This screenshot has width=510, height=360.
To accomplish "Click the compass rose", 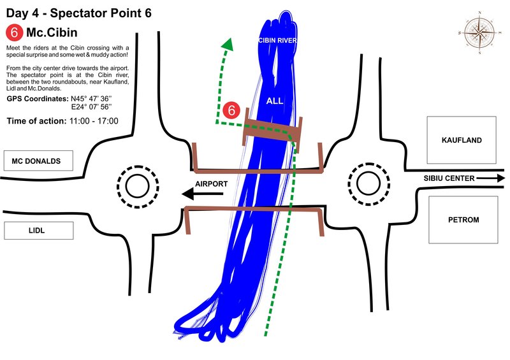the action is coord(480,32).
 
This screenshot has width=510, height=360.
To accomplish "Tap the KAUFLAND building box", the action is coord(462,140).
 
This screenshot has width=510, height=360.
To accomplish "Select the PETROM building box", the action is coord(463,220).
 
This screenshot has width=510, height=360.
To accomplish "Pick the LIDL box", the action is coord(39,231).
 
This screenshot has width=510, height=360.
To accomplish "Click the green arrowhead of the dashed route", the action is coord(228,44).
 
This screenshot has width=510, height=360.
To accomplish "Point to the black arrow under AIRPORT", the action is coord(202,194).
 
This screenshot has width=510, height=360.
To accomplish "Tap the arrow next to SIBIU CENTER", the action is coord(491,178).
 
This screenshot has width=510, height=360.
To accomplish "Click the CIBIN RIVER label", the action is coord(277,40).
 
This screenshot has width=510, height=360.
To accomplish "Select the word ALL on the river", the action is coord(275,101).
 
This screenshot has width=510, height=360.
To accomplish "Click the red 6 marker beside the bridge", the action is coord(231,110).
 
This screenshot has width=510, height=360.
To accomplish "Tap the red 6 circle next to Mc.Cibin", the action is coord(14,32).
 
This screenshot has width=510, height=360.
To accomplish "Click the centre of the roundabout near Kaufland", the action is coord(368,184).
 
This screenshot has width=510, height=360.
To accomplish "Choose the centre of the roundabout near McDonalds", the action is coord(137,187).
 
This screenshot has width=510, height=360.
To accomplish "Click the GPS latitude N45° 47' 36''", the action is coord(91,99).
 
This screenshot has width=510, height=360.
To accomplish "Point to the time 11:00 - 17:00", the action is coord(94,121).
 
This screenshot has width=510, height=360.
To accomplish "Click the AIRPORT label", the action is coord(212,184).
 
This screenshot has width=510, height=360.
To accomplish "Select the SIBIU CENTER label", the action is coord(449,178).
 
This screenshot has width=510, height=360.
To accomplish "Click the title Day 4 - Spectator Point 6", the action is coord(78,13).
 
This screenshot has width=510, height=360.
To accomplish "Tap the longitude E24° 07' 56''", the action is coord(92,107).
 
